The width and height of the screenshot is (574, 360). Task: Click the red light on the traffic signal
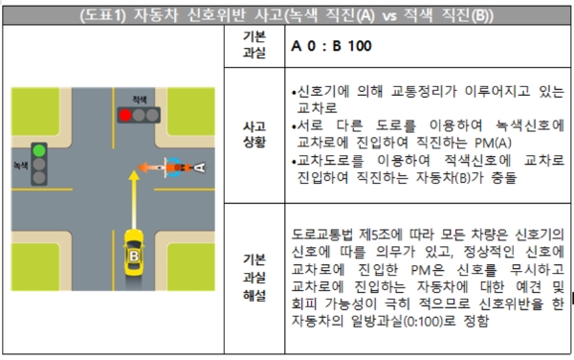124,115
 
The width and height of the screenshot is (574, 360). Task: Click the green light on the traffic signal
39,150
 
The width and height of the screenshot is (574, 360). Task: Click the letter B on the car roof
133,256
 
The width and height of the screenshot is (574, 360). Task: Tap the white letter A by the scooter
199,168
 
